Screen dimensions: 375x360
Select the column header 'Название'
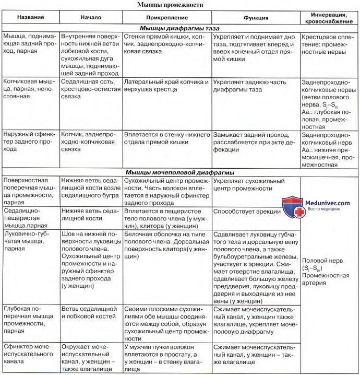30,17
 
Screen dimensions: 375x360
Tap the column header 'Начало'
91,17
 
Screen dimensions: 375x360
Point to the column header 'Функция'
256,17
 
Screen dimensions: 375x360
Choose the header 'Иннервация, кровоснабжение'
330,17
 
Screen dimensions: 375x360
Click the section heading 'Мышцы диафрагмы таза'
180,29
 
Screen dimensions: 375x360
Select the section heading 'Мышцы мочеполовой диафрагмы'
180,172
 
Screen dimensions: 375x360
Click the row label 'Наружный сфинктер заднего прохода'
29,141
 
